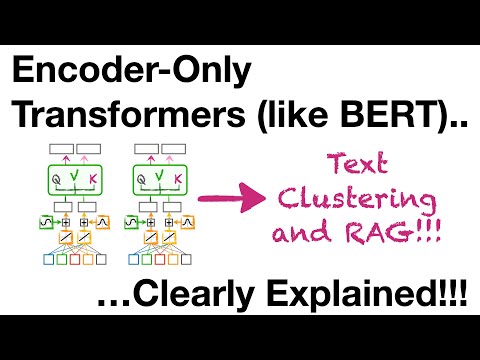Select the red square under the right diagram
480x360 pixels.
point(162,264)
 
